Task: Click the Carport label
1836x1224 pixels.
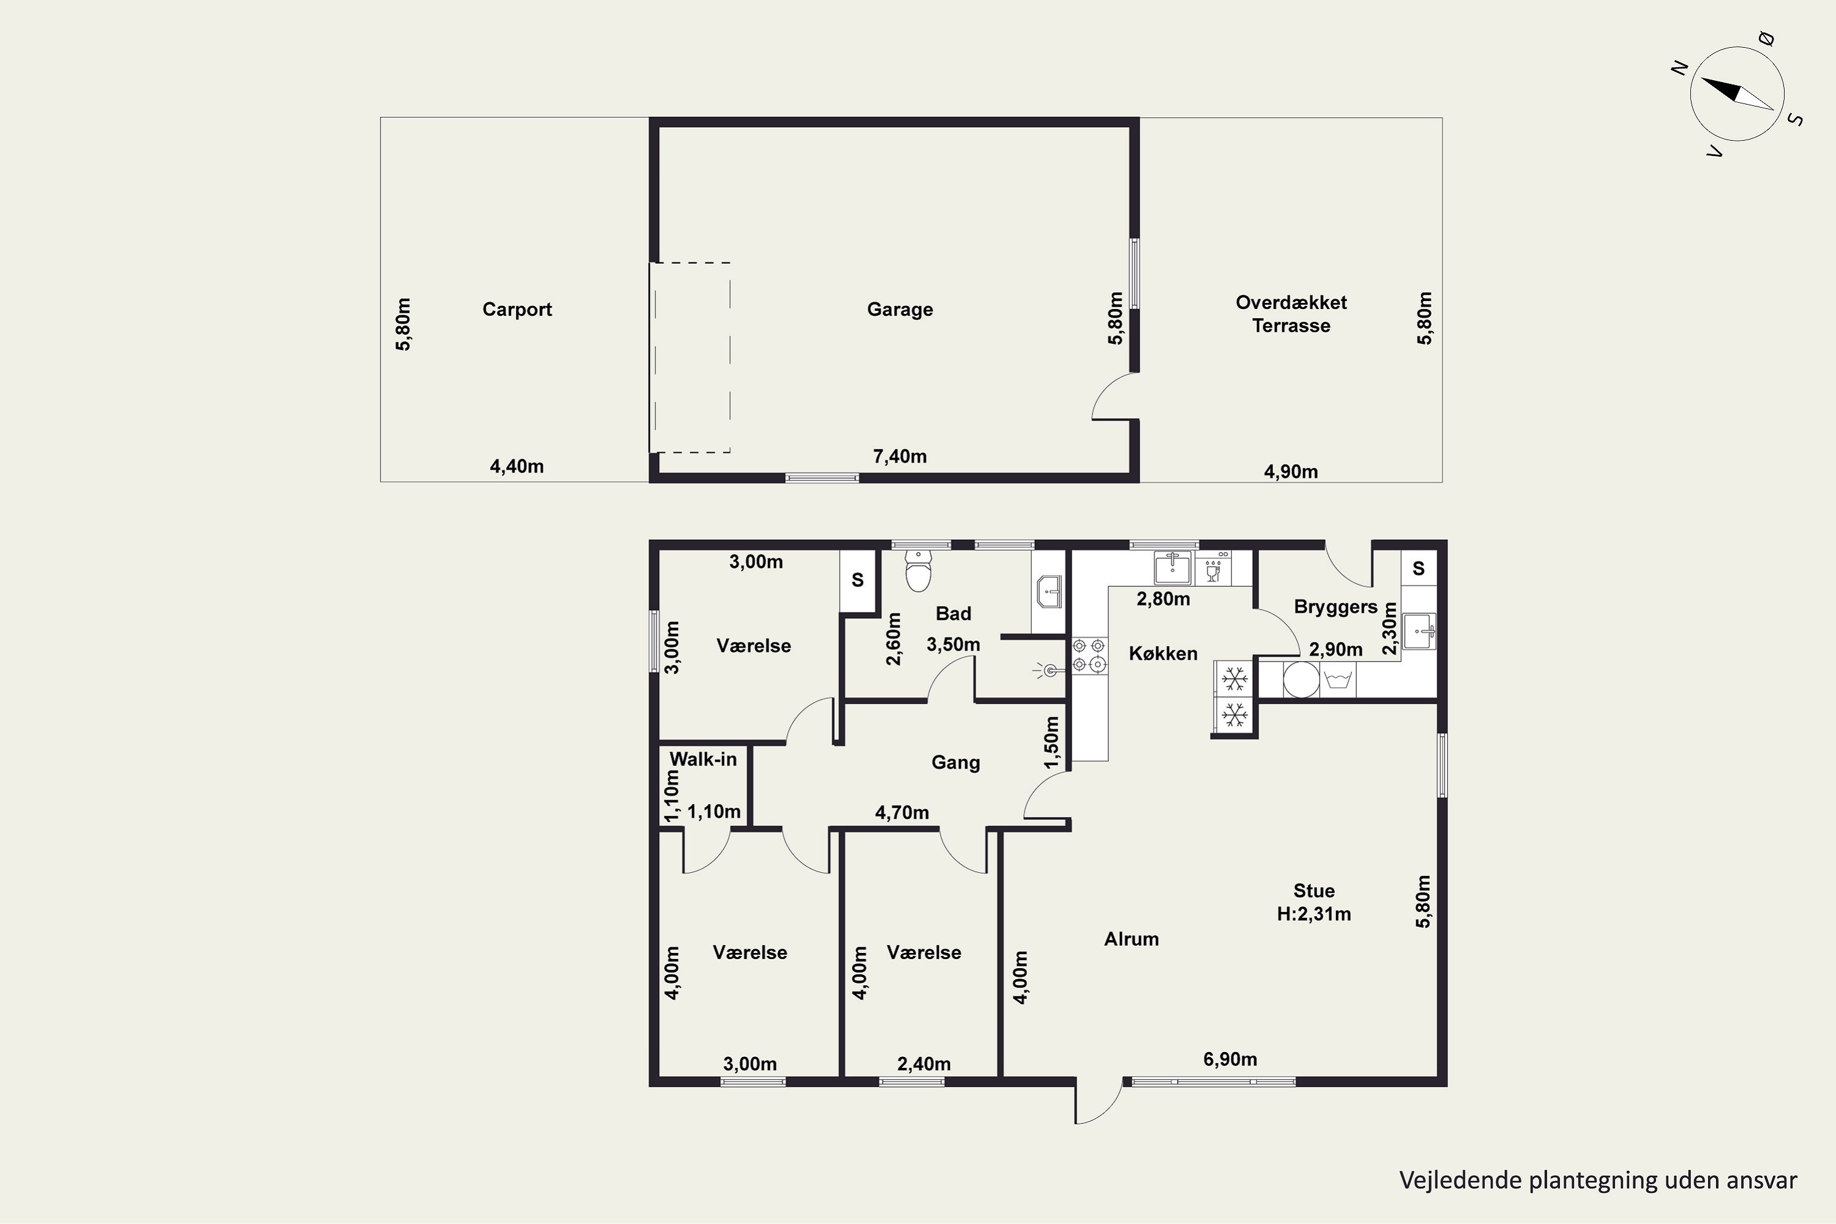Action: [x=517, y=309]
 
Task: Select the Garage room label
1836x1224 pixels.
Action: [x=900, y=309]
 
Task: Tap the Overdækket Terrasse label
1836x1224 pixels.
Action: [x=1291, y=314]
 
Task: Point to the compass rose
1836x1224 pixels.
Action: [x=1737, y=94]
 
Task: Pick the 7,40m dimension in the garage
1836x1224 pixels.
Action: [x=900, y=456]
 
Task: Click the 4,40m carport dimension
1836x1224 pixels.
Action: [x=517, y=466]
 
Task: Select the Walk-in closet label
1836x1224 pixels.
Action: [x=703, y=759]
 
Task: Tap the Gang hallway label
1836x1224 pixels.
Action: [x=955, y=763]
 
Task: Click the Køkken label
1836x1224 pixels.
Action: [x=1163, y=654]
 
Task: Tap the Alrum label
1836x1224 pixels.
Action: [x=1131, y=939]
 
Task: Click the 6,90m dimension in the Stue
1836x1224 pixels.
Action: [x=1230, y=1059]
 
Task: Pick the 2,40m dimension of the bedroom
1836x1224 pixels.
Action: [x=924, y=1064]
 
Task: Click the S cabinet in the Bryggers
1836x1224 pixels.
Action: [x=1419, y=569]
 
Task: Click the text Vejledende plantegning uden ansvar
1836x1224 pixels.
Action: [x=1598, y=1181]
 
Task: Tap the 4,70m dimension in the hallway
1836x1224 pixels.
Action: [x=901, y=813]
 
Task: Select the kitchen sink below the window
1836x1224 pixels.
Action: [x=1173, y=567]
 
